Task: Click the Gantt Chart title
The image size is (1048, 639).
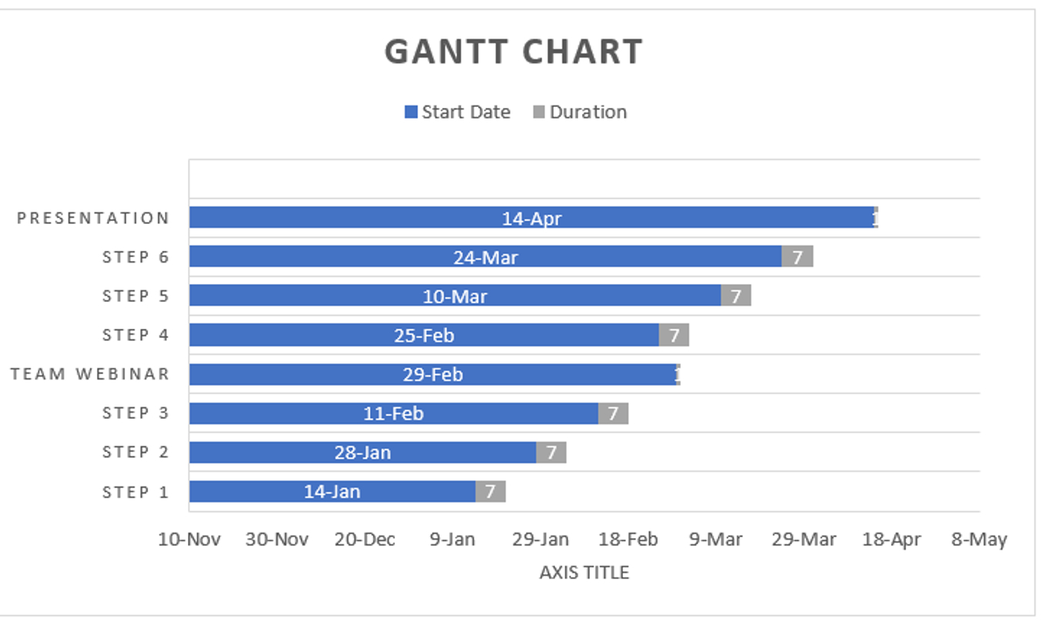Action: point(514,52)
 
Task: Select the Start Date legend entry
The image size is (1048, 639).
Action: point(457,112)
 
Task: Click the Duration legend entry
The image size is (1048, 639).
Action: point(580,112)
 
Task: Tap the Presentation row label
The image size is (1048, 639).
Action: point(93,218)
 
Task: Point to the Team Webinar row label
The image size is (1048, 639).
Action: point(90,374)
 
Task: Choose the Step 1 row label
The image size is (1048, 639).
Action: point(136,492)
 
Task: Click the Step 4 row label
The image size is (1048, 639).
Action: point(136,335)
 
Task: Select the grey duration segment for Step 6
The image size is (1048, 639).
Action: point(797,256)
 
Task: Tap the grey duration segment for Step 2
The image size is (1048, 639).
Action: point(551,452)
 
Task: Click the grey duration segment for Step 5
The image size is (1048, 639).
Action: point(735,296)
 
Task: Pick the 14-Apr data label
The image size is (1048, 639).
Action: point(531,219)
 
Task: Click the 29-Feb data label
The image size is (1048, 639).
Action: point(433,375)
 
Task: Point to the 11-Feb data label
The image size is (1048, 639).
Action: point(393,413)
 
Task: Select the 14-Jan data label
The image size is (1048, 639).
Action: point(332,491)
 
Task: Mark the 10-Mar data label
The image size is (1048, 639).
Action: point(455,296)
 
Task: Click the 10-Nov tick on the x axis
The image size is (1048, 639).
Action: point(189,540)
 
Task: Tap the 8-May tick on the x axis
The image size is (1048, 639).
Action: point(979,540)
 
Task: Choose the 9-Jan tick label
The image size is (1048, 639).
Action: point(452,540)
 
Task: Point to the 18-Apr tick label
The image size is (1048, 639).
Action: point(892,540)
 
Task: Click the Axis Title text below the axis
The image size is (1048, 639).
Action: point(584,573)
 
